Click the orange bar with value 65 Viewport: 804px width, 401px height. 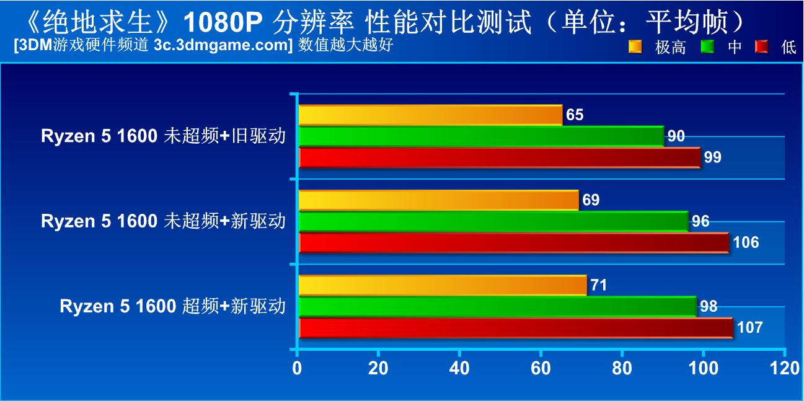click(430, 115)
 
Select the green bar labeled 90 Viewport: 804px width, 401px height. click(481, 136)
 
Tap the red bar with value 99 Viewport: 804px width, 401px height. click(500, 157)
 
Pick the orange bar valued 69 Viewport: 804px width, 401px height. click(439, 200)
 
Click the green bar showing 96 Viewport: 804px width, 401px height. click(493, 221)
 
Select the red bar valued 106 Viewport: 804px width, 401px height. click(514, 242)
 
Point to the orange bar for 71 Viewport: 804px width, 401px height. click(443, 285)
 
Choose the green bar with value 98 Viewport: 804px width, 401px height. click(498, 306)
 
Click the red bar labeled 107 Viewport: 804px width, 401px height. click(516, 327)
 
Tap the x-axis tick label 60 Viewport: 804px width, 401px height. click(541, 368)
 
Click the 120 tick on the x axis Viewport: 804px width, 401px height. click(784, 368)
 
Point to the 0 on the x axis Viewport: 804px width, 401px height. click(297, 368)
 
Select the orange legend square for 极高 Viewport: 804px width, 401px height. click(635, 46)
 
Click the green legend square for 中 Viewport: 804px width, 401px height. click(707, 46)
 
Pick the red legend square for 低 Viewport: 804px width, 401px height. click(761, 46)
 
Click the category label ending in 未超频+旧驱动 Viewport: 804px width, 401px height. click(163, 136)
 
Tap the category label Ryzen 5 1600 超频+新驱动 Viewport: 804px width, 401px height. click(173, 306)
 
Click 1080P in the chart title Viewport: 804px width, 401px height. click(223, 22)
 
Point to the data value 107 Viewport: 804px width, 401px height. click(750, 327)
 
